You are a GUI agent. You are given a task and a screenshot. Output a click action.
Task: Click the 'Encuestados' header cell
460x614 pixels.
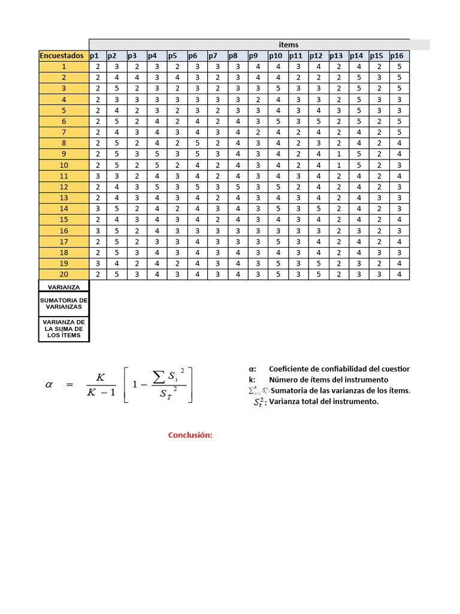[x=63, y=56]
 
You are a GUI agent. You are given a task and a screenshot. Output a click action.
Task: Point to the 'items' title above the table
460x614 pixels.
[x=288, y=45]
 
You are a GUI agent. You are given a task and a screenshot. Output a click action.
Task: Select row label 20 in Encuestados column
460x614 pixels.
[x=63, y=274]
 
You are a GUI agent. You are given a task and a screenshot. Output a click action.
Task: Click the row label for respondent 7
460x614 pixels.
[x=63, y=132]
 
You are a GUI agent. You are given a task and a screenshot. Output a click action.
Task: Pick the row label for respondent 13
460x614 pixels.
[x=63, y=197]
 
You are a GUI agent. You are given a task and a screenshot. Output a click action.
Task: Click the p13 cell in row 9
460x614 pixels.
[x=338, y=153]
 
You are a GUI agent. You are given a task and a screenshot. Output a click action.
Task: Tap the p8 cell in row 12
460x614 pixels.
[x=238, y=186]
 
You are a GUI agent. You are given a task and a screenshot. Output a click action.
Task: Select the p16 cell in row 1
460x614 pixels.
[x=400, y=67]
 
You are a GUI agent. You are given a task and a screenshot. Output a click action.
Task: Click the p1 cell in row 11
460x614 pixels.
[x=98, y=176]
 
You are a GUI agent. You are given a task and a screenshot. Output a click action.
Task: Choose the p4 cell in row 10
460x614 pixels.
[x=157, y=165]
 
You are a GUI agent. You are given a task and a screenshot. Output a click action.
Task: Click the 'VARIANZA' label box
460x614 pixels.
[x=63, y=287]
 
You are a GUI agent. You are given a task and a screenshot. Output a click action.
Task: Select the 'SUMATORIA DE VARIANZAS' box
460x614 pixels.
[x=63, y=303]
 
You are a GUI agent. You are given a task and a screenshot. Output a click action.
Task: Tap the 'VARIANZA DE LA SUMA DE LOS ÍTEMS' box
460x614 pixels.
[x=63, y=329]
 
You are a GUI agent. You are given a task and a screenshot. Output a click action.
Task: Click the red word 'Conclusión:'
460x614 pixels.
[x=190, y=435]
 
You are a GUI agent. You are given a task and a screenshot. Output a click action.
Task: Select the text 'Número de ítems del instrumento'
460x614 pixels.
[x=328, y=380]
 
